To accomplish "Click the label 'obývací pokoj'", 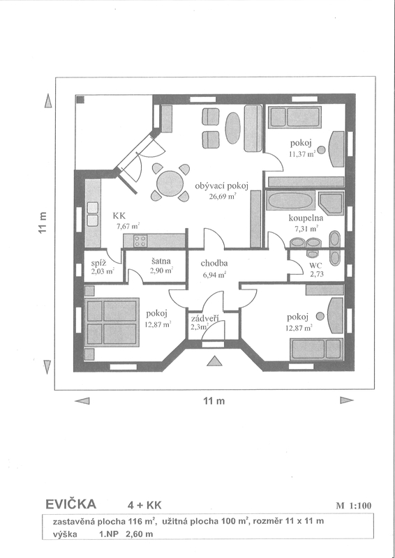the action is pyautogui.click(x=221, y=186).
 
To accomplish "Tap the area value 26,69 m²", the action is pyautogui.click(x=223, y=196).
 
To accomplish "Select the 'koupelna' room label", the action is pyautogui.click(x=306, y=218).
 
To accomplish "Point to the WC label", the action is pyautogui.click(x=315, y=266).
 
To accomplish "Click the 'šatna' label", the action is pyautogui.click(x=161, y=261).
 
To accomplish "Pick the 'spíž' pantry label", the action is pyautogui.click(x=98, y=264).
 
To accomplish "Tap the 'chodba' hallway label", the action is pyautogui.click(x=214, y=264).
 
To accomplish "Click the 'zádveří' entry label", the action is pyautogui.click(x=204, y=319).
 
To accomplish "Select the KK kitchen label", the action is pyautogui.click(x=119, y=216).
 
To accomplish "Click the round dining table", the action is pyautogui.click(x=170, y=183).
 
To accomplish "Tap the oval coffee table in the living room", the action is pyautogui.click(x=233, y=128).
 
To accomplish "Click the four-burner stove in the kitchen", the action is pyautogui.click(x=140, y=241).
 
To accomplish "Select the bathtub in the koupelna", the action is pyautogui.click(x=290, y=201).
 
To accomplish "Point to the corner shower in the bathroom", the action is pyautogui.click(x=331, y=204).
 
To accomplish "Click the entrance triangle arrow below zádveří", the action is pyautogui.click(x=214, y=361).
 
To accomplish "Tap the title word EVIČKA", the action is pyautogui.click(x=71, y=504).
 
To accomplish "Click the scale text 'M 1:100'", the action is pyautogui.click(x=353, y=506).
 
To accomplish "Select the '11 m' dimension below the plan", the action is pyautogui.click(x=214, y=401).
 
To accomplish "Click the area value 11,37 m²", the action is pyautogui.click(x=303, y=154).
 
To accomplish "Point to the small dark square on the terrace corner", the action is pyautogui.click(x=81, y=99).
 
